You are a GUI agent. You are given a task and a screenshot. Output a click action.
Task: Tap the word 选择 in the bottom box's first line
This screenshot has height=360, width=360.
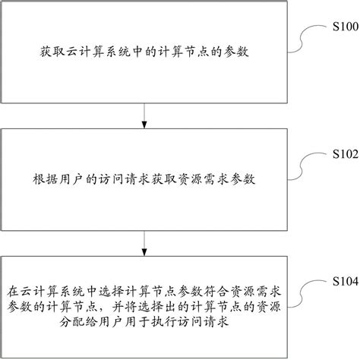[113, 291]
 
